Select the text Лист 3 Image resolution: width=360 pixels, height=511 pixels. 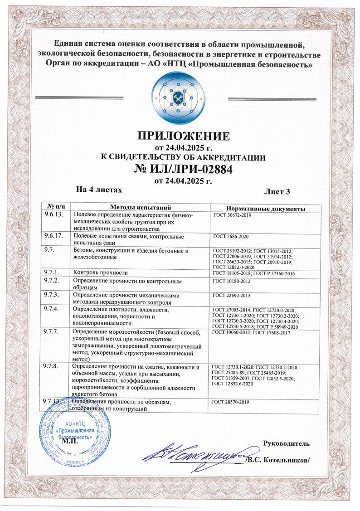[277, 192]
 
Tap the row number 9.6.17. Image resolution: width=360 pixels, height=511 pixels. [54, 237]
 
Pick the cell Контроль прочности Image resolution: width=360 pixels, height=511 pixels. [100, 273]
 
